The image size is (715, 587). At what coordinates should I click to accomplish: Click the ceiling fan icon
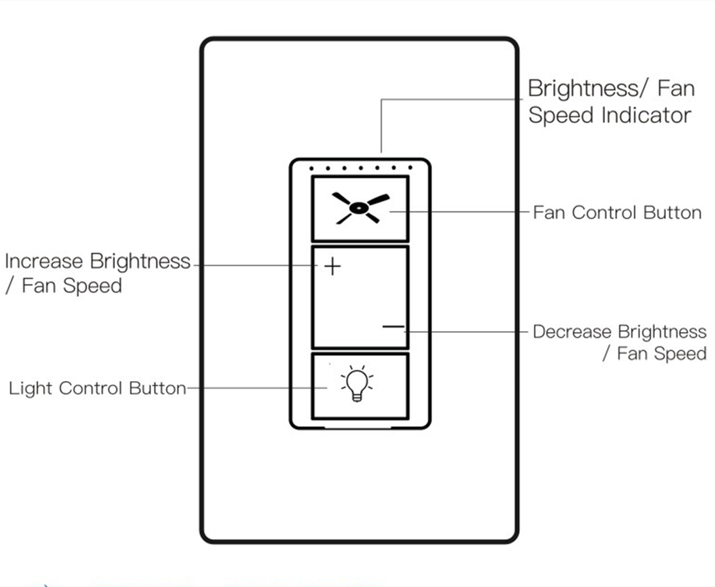tap(360, 208)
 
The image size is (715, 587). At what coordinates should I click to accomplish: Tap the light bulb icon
tap(357, 385)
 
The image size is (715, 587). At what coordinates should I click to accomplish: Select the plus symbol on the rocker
tap(332, 267)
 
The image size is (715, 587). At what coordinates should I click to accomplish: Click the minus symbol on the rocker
tap(393, 327)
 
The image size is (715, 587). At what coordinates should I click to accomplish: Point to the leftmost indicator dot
tap(312, 169)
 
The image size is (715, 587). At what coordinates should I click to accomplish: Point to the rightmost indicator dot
tap(410, 169)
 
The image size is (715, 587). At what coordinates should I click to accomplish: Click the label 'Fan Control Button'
tap(617, 212)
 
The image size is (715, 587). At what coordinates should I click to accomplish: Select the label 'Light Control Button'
tap(97, 389)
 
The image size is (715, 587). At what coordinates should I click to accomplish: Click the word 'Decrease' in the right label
tap(572, 332)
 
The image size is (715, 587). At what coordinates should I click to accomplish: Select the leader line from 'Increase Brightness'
tap(257, 266)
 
